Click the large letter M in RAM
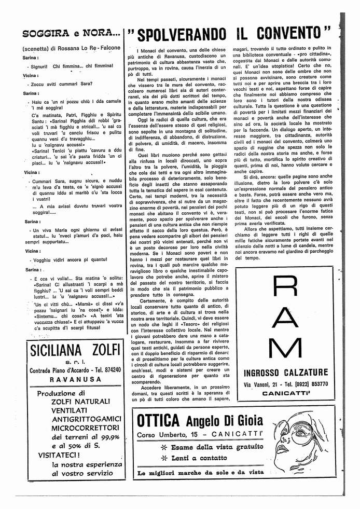[285, 349]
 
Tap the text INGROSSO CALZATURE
[285, 372]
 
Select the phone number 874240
[110, 369]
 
